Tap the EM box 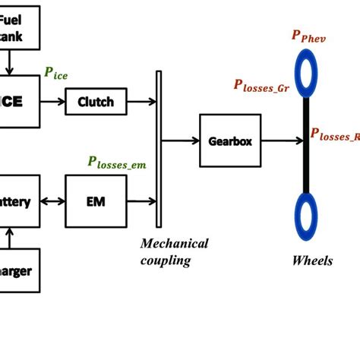click(x=96, y=201)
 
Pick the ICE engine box click(x=20, y=101)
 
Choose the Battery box click(x=20, y=201)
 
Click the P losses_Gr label click(x=261, y=87)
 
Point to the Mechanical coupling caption click(x=174, y=251)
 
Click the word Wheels click(x=312, y=261)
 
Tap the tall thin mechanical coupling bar click(x=159, y=149)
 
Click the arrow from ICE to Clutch click(x=52, y=101)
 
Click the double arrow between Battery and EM click(x=52, y=201)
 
